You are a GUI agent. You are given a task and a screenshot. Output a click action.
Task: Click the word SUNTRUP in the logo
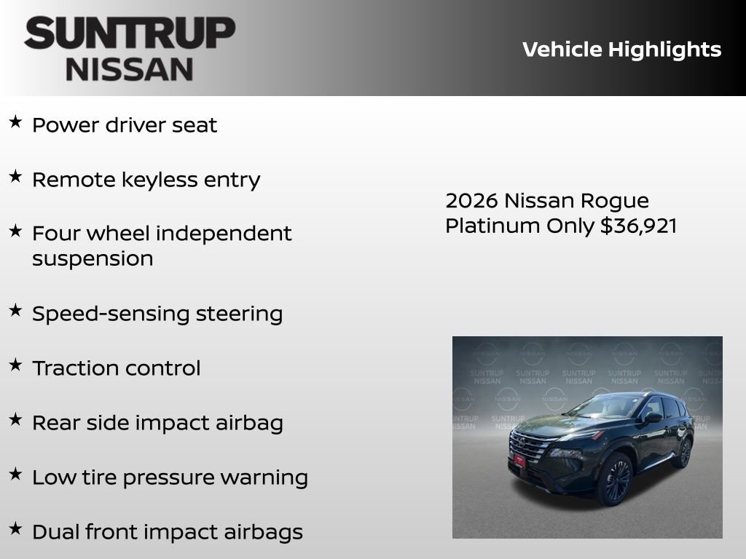coord(130,33)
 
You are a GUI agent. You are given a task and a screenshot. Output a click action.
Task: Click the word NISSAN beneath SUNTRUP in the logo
coord(130,69)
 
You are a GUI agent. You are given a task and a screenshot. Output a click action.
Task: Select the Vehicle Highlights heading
coord(621,49)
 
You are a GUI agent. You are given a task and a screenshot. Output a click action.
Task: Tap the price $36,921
coord(638,226)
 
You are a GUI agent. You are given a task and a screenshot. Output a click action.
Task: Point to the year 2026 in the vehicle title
coord(471,200)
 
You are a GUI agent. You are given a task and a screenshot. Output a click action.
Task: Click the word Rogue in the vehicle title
coord(615,200)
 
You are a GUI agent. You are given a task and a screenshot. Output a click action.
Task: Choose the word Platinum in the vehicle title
coord(493,226)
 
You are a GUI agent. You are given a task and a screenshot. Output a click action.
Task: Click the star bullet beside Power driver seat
coord(15,122)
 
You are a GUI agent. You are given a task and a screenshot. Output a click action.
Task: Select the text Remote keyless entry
coord(146,180)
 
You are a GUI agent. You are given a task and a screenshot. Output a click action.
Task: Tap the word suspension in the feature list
coord(93,258)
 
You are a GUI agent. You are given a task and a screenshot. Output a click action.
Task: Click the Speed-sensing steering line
coord(157,314)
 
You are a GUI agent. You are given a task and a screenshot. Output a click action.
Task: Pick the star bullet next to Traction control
coord(15,365)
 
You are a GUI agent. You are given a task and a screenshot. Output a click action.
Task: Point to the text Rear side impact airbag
coord(157,423)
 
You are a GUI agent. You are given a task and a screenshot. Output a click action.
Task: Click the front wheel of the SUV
coord(616,480)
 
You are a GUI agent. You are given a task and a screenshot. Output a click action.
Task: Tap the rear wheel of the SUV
coord(683,453)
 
